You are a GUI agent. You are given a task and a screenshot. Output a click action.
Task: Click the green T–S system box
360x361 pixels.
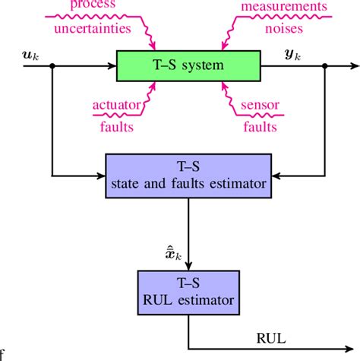point(188,65)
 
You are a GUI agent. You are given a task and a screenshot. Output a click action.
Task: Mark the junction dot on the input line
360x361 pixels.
point(51,66)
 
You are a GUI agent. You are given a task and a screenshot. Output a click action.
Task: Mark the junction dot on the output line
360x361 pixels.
point(325,66)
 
